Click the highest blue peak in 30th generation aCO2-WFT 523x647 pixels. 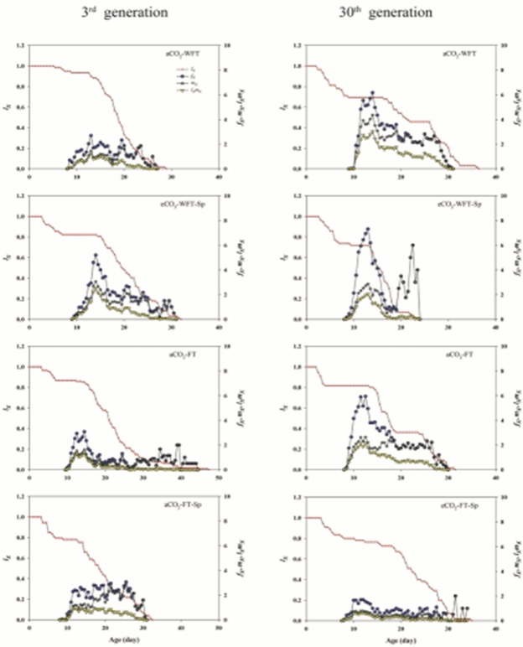click(371, 93)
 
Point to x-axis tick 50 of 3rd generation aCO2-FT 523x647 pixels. click(219, 476)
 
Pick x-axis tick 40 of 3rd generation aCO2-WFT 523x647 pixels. click(219, 175)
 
